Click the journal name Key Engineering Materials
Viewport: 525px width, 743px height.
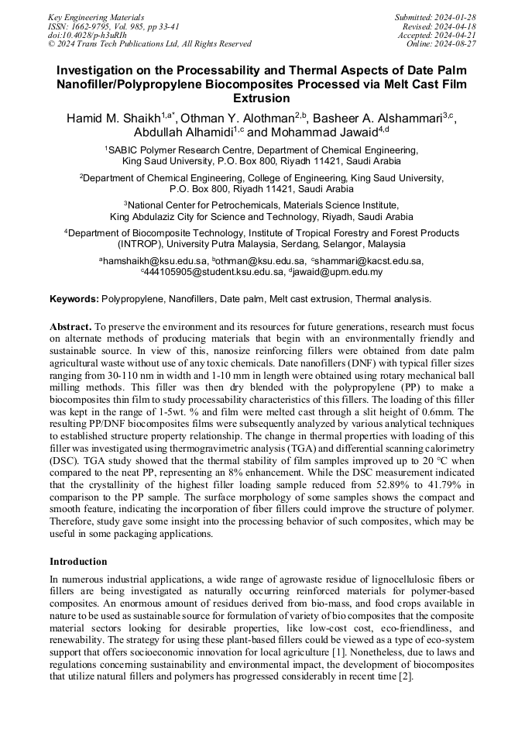pyautogui.click(x=95, y=17)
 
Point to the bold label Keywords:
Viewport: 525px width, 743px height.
pyautogui.click(x=74, y=298)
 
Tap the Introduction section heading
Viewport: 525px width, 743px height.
pyautogui.click(x=78, y=561)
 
